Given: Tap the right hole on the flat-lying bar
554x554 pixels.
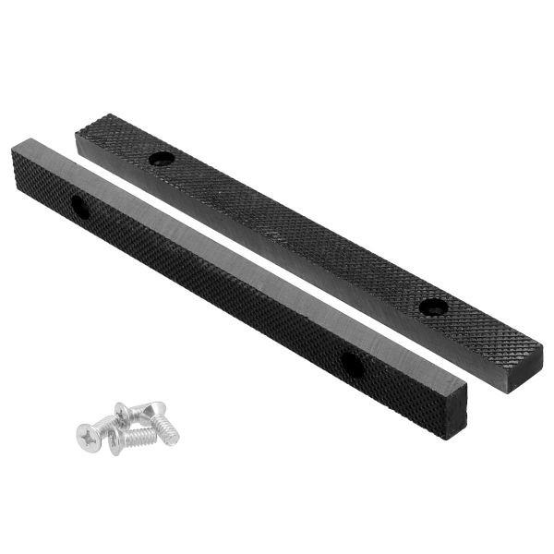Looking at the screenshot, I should click(x=429, y=307).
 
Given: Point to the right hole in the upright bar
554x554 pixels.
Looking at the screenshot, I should click(x=351, y=365).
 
